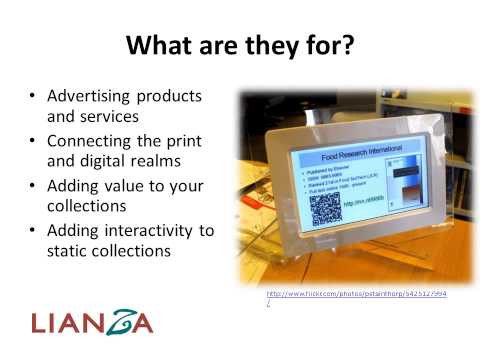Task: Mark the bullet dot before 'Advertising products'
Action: tap(35, 97)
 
